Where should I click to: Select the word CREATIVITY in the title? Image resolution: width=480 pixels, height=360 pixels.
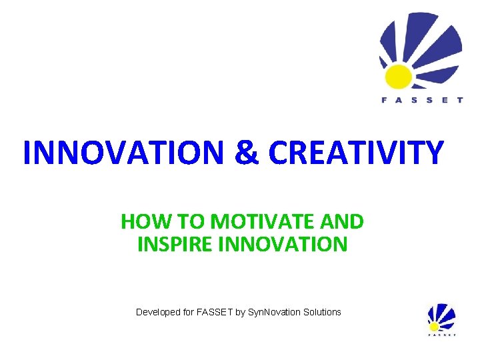pos(355,153)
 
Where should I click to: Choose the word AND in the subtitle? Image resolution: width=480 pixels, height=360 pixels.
pos(343,221)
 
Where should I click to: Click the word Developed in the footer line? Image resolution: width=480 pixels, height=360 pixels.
pos(158,312)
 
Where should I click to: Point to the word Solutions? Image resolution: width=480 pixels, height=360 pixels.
pos(321,312)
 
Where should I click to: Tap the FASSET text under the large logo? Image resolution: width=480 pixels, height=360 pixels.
pos(421,101)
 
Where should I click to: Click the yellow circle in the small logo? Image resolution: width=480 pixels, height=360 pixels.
pos(435,326)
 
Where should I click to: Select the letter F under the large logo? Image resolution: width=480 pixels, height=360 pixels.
pos(384,101)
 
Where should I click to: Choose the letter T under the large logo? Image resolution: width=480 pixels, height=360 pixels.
pos(459,101)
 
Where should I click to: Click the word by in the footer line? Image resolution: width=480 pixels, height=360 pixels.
pos(240,312)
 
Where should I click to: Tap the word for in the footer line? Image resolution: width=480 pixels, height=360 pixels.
pos(188,312)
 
